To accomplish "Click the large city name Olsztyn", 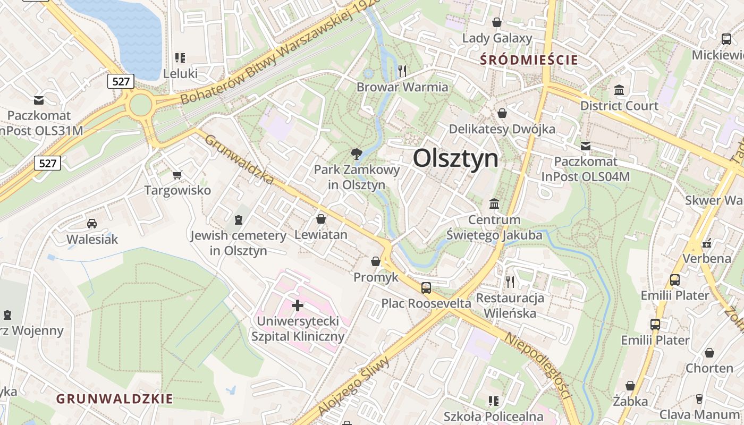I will click(x=456, y=158).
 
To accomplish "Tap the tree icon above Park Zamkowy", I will click(x=356, y=155).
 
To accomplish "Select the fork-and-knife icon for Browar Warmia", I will click(x=402, y=71).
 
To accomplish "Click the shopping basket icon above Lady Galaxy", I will click(x=497, y=22).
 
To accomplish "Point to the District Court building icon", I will click(x=619, y=90).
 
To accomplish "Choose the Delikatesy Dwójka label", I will click(x=502, y=129).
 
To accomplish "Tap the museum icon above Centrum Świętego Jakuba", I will click(x=494, y=203).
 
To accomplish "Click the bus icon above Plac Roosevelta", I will click(x=426, y=287).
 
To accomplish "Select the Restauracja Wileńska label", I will click(x=510, y=305).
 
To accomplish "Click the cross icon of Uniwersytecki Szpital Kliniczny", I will click(x=298, y=305).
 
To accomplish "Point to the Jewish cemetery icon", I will click(x=239, y=219).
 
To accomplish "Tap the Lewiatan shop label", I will click(x=321, y=234).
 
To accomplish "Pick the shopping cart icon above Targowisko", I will click(x=177, y=175).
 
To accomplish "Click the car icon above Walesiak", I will click(x=92, y=224).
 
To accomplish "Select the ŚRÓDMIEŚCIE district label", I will click(x=528, y=59).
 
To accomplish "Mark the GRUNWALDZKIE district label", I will click(x=115, y=398).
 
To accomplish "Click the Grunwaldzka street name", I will click(x=240, y=159).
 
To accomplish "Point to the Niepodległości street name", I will click(x=537, y=367).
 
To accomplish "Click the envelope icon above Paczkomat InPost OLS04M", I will click(x=586, y=146).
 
